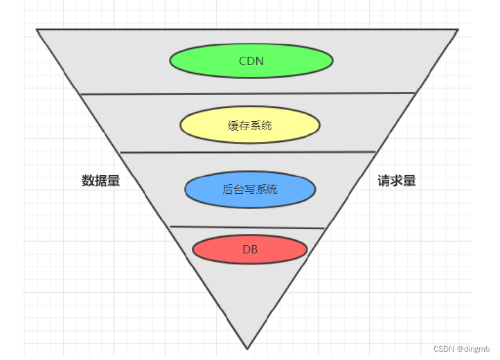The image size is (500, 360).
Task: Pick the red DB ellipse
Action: point(250,249)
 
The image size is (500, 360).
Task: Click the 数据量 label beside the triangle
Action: point(101,181)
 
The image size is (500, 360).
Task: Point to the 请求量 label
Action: point(397,181)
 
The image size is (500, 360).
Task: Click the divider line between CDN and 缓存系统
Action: point(248,93)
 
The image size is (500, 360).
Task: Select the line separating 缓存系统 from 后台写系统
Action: point(248,152)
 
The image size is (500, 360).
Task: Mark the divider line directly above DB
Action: point(247,227)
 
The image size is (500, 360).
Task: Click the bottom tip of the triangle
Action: point(247,348)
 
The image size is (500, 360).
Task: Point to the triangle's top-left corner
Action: point(37,30)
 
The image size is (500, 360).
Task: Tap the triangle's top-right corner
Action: point(458,30)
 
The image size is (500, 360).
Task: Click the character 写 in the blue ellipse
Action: point(250,189)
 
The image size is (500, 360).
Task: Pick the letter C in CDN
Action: point(243,60)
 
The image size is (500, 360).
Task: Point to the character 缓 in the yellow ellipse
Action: point(233,125)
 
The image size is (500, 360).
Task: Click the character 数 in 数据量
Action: point(88,181)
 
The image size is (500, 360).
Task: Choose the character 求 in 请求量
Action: point(397,181)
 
